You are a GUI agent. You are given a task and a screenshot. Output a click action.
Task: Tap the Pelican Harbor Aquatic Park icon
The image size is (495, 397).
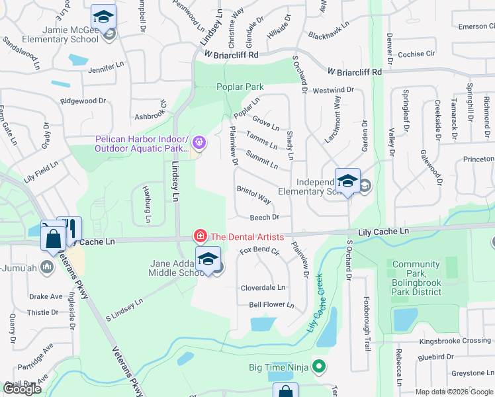[199, 143]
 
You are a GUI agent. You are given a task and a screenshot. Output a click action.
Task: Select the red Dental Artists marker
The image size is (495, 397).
[199, 236]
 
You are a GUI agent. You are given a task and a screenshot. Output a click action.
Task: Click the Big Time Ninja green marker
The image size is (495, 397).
[319, 365]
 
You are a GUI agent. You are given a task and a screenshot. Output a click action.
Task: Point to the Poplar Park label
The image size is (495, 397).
[240, 87]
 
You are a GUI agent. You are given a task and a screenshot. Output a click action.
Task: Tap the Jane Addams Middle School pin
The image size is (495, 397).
[208, 259]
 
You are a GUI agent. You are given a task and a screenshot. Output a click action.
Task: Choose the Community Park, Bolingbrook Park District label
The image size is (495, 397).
[416, 278]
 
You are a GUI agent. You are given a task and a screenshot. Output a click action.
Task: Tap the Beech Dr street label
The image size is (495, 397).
[265, 217]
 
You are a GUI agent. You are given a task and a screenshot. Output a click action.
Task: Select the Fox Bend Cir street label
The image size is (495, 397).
[259, 251]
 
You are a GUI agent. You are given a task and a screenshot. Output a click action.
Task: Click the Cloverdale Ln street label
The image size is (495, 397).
[263, 288]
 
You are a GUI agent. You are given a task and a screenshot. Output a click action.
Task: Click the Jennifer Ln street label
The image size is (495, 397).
[107, 67]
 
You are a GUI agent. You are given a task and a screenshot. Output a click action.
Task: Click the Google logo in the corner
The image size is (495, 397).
[22, 389]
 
